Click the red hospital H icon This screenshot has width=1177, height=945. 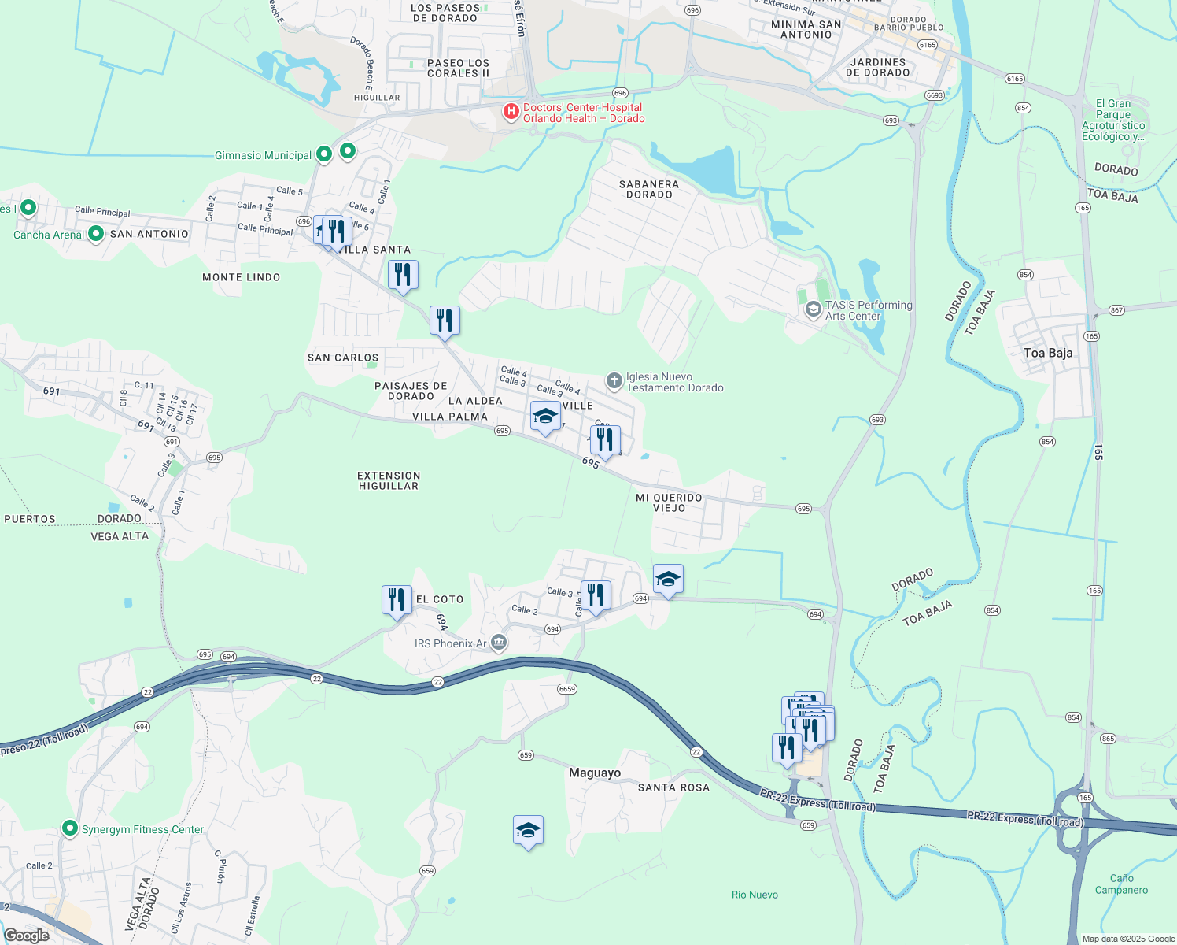[x=511, y=112]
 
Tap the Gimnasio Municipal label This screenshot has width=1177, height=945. [x=263, y=155]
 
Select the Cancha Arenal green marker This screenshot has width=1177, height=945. [x=96, y=234]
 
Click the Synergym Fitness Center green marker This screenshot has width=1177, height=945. [x=70, y=828]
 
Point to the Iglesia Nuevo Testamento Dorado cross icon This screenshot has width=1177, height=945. [x=614, y=381]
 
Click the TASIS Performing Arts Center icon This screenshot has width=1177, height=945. [x=813, y=309]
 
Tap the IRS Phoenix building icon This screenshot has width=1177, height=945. [x=498, y=643]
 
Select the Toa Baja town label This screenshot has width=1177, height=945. [x=1048, y=353]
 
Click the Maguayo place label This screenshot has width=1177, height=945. [x=595, y=773]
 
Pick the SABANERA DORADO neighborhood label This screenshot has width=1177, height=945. [x=649, y=189]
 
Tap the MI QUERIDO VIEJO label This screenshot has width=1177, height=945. [x=669, y=502]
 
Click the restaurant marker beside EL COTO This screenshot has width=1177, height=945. [x=397, y=600]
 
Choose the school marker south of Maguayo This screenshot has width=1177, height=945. [x=528, y=830]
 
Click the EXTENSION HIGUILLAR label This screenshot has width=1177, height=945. [x=389, y=480]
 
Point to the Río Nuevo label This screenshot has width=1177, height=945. [x=755, y=895]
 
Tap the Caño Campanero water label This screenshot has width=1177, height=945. [x=1121, y=884]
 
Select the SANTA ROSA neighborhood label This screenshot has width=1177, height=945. [x=673, y=787]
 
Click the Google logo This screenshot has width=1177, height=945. [x=26, y=936]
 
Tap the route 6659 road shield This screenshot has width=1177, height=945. [x=567, y=689]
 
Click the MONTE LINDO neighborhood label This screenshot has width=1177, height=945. [x=241, y=277]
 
